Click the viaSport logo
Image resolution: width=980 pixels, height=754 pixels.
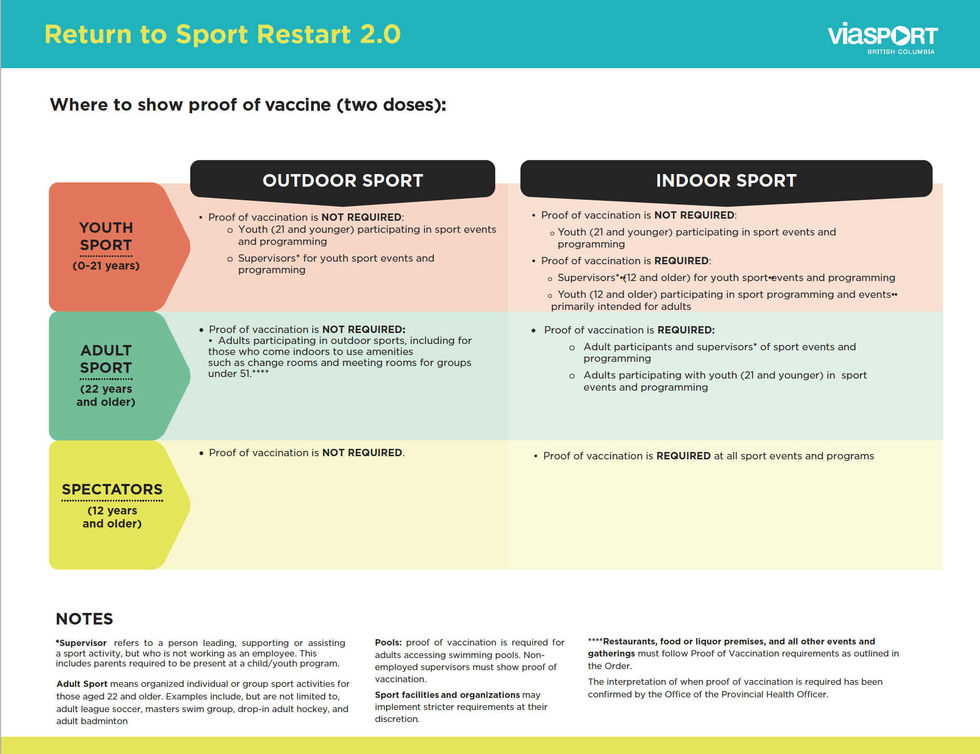pos(882,36)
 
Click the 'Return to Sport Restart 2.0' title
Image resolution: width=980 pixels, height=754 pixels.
pos(222,35)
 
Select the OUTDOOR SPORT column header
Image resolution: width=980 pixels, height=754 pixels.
pos(343,180)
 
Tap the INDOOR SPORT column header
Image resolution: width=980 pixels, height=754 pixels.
pos(726,180)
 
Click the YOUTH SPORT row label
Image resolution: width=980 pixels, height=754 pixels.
pos(106,236)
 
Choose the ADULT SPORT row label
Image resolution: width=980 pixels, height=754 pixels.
pos(106,359)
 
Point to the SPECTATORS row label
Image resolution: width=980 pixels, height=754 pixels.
pos(112,489)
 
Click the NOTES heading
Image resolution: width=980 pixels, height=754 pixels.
pos(84,619)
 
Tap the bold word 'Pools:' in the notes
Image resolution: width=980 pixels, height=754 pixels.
pos(388,642)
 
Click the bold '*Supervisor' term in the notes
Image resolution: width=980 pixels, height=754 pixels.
pos(82,643)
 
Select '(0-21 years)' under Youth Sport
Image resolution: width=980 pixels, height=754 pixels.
pos(106,266)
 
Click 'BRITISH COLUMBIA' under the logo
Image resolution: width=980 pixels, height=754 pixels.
pos(901,52)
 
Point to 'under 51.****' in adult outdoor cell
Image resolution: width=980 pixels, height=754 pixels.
pos(238,373)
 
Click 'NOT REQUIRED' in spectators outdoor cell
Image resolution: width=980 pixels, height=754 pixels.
pos(362,453)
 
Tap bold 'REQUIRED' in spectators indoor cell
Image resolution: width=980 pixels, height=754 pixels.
pos(683,456)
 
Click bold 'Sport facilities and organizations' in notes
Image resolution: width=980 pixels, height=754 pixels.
pos(447,695)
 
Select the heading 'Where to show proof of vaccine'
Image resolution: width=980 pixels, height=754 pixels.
pos(248,105)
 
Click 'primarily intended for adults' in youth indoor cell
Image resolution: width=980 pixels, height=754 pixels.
pos(621,306)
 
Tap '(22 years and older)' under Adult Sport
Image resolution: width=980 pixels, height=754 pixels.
pos(106,395)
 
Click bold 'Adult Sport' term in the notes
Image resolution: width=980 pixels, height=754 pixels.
pos(82,684)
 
